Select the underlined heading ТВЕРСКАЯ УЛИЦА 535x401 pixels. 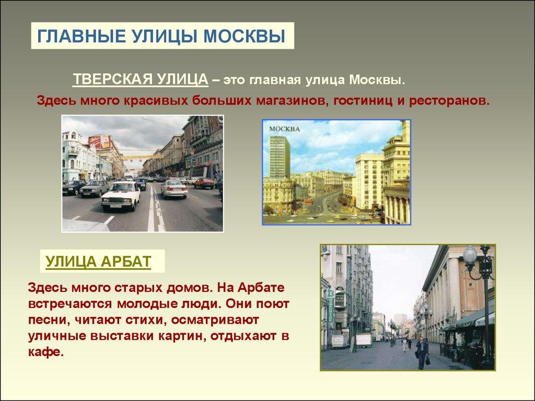coord(140,79)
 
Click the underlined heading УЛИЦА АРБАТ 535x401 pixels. coord(98,262)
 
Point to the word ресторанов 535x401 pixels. coord(449,101)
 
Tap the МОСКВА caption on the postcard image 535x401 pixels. coord(284,129)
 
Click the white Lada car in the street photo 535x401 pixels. coord(121,195)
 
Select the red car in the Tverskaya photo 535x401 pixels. coord(204,183)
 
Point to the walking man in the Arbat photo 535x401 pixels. coord(422,353)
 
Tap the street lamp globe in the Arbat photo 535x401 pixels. coord(470,255)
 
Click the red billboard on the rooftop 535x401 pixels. coord(100,141)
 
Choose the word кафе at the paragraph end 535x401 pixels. coord(46,351)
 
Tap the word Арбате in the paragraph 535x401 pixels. coord(261,287)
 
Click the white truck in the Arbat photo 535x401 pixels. coord(364,340)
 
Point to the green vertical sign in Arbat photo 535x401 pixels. coord(330,305)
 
